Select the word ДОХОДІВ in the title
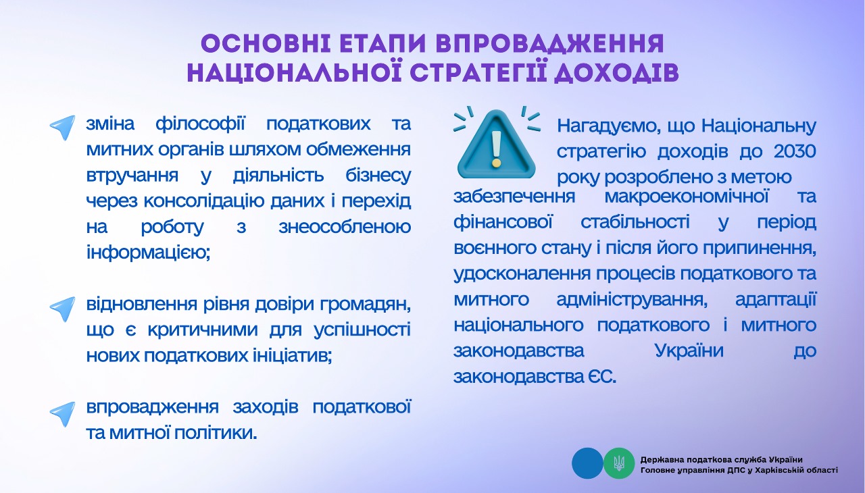coord(617,74)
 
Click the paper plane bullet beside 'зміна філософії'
coord(63,127)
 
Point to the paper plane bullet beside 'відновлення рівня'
coord(63,309)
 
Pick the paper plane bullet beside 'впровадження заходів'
coord(63,413)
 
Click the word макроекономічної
coord(687,197)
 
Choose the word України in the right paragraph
coord(689,351)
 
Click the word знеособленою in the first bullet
coord(345,227)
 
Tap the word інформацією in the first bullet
coord(148,253)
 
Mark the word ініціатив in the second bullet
coord(293,356)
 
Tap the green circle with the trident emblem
coord(619,463)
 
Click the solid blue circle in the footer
coord(587,463)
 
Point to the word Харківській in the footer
coord(783,471)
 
